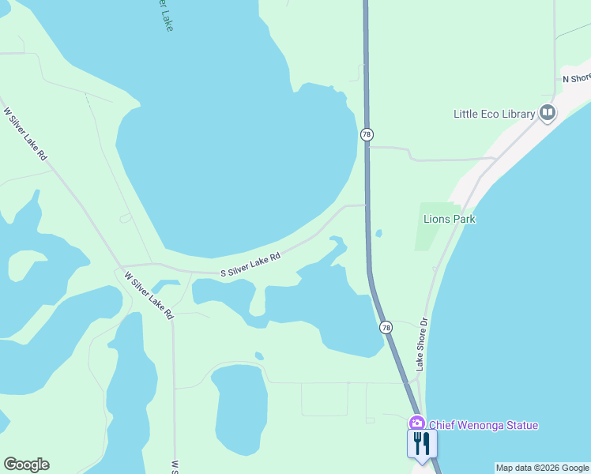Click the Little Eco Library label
pos(494,114)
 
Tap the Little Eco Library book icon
pos(547,114)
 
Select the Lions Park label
pos(450,219)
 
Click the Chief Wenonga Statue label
pos(484,426)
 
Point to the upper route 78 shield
pos(367,135)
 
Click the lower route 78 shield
pos(386,327)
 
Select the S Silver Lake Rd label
pos(250,265)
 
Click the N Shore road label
pos(576,78)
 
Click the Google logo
pos(26,465)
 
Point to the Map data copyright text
pos(542,468)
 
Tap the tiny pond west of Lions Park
pos(379,233)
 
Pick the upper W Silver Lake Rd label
pos(26,134)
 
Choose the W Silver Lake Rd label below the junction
pos(149,295)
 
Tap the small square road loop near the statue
pos(325,399)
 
